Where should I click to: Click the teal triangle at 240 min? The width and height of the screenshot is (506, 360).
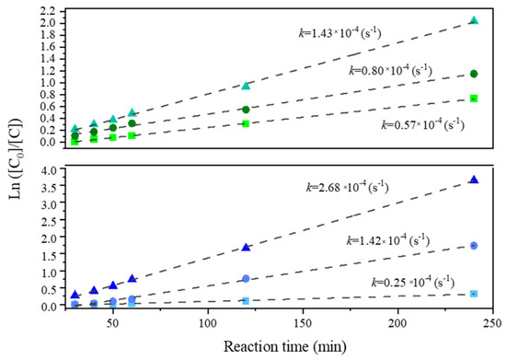click(474, 20)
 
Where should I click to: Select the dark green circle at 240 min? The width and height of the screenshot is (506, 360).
click(474, 74)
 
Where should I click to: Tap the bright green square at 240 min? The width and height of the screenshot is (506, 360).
click(474, 99)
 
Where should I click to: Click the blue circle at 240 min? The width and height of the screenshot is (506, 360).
click(474, 246)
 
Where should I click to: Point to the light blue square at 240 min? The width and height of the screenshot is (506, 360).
click(474, 294)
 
